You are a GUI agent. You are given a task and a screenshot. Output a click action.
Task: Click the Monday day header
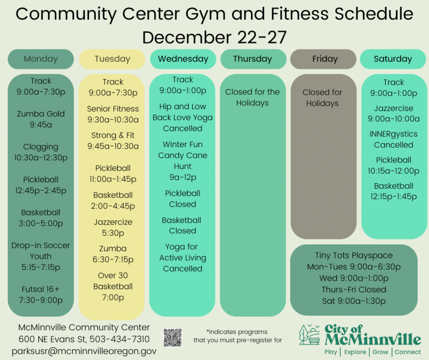(41, 59)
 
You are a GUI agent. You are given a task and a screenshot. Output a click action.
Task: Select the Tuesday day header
(112, 59)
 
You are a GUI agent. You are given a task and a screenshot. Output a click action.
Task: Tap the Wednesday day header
(183, 59)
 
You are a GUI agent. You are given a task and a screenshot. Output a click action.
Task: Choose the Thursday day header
(253, 59)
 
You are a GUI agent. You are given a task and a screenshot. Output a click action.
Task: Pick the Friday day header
(325, 59)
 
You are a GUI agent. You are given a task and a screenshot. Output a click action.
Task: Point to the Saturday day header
(393, 59)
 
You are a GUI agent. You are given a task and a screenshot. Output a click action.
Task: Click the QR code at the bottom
(173, 338)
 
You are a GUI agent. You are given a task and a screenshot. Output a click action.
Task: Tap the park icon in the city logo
(310, 335)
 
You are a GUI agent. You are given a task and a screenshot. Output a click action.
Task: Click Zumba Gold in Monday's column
(41, 119)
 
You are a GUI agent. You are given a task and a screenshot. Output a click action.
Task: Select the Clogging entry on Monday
(41, 152)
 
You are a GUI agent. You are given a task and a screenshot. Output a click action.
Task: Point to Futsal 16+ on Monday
(41, 294)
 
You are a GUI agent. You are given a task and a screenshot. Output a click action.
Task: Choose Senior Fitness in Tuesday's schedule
(113, 114)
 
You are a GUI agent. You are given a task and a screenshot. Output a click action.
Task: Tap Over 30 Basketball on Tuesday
(113, 286)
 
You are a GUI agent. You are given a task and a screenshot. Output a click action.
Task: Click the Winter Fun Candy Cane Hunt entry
(183, 161)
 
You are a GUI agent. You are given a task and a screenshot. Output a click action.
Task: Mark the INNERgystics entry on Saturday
(393, 139)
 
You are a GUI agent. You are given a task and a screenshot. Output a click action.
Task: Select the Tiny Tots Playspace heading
(354, 256)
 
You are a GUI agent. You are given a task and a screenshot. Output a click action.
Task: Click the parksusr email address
(84, 351)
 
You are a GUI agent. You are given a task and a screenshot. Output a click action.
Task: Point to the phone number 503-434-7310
(119, 339)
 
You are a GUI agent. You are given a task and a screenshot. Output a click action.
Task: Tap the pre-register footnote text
(238, 336)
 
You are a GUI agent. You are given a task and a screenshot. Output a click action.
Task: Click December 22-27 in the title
(214, 37)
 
